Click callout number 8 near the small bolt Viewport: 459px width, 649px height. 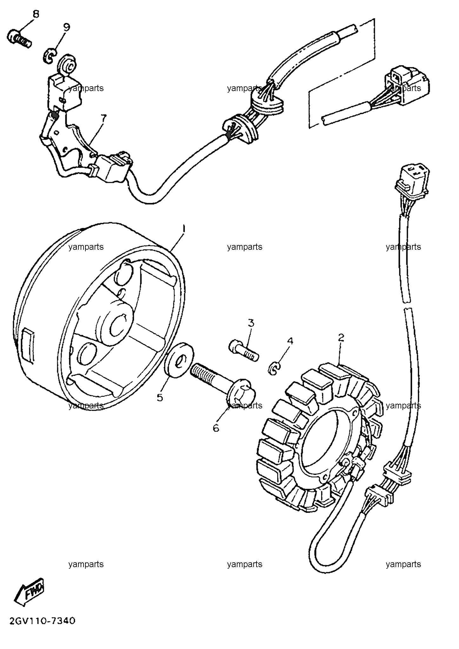(36, 14)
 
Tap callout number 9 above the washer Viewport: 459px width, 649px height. (66, 28)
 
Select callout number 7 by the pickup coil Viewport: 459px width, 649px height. (103, 119)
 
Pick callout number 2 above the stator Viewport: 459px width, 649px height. (341, 337)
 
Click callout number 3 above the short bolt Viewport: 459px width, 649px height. (251, 323)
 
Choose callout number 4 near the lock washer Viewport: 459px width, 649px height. (290, 341)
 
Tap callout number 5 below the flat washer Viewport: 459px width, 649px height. (160, 397)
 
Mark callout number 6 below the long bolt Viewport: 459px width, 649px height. (216, 428)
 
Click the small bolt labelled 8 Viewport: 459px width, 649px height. (19, 39)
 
